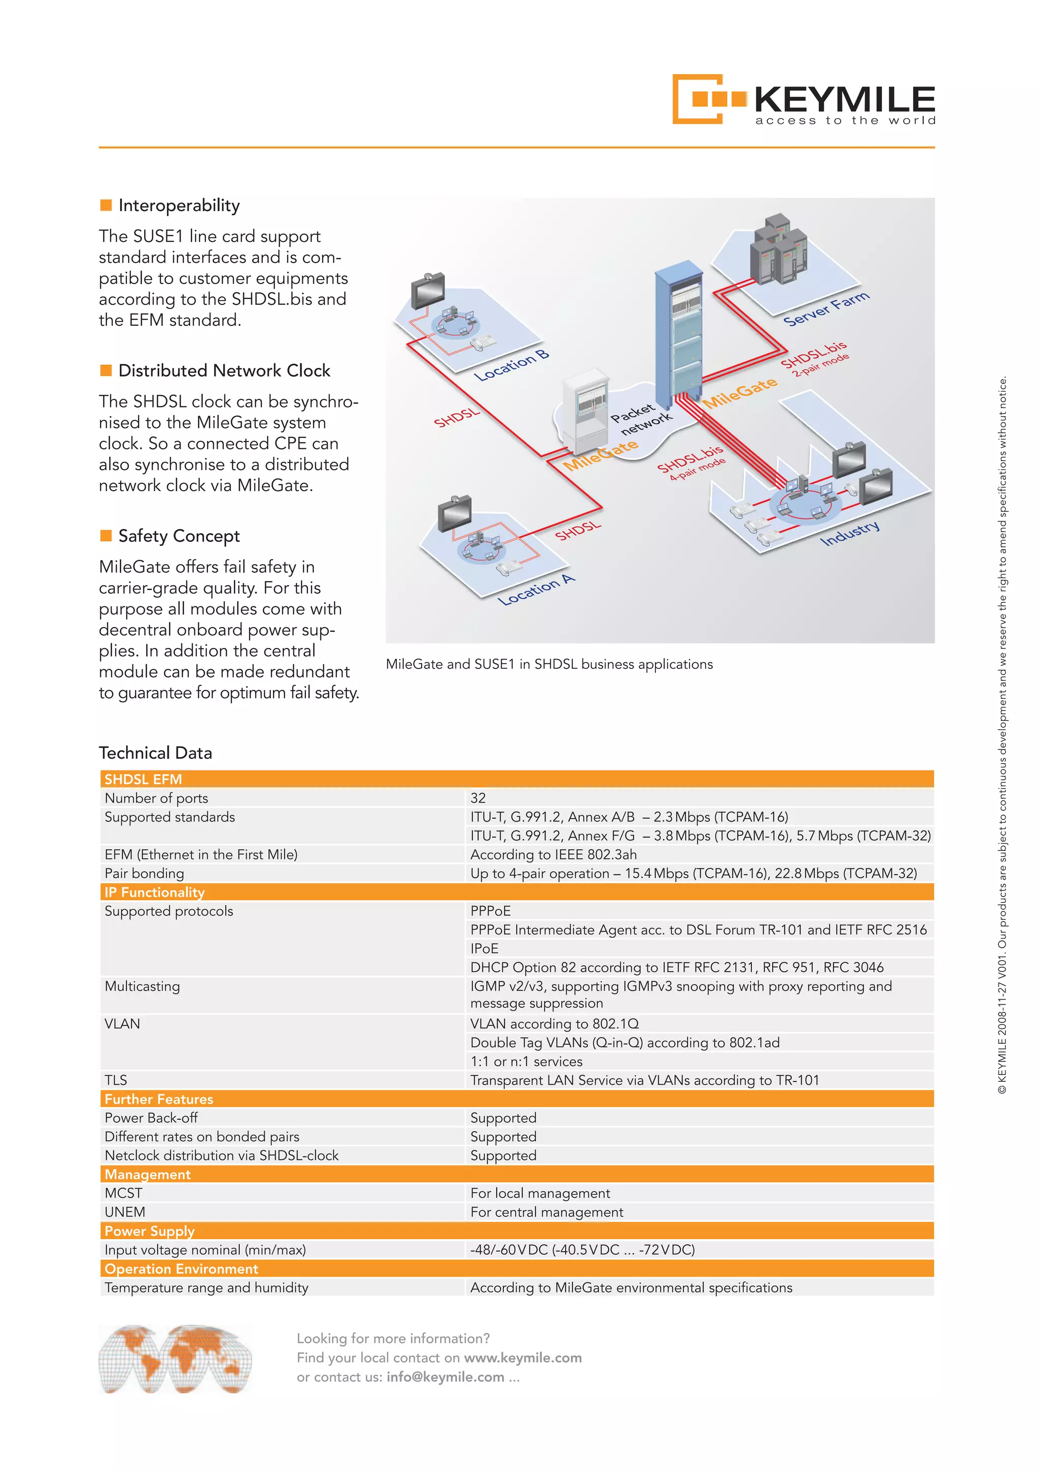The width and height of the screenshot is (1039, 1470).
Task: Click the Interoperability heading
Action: click(179, 206)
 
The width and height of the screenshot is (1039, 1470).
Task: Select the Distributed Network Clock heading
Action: click(224, 371)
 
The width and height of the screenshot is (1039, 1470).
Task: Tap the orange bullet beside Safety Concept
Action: click(106, 535)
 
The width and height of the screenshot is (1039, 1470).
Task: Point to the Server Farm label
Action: click(826, 309)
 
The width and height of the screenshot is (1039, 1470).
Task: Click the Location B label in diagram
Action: click(511, 365)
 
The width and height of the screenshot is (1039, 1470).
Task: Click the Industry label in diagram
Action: click(849, 533)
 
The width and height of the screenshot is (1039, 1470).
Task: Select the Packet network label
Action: click(640, 419)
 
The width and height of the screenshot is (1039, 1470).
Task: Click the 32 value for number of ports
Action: click(477, 798)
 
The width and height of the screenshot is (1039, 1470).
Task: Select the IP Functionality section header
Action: click(154, 892)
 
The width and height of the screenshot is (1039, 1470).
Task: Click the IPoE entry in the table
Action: click(484, 948)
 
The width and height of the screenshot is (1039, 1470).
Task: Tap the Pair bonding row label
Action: click(144, 873)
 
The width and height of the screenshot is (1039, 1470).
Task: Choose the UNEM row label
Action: click(125, 1212)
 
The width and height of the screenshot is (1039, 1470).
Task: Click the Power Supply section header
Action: click(149, 1230)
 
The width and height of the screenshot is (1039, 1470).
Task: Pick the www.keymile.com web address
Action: click(523, 1357)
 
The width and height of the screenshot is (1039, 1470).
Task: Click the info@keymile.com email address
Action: click(445, 1377)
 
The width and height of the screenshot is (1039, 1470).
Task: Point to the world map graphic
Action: click(175, 1358)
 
